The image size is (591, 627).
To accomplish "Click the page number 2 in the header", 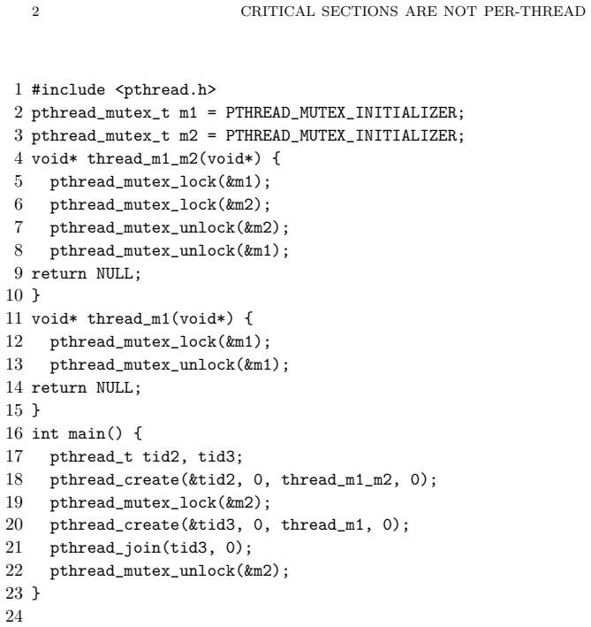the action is coord(35,11).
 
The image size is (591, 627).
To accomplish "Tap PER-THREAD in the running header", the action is coord(534,11).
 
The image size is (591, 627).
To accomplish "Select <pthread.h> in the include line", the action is coord(165,90).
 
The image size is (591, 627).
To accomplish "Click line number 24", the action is coord(14,616).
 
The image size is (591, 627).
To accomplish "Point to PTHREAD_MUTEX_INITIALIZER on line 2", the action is coord(341,113).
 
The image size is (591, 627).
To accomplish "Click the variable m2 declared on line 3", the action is coord(188,136).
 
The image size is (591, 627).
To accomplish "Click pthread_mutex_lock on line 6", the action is coord(133,205).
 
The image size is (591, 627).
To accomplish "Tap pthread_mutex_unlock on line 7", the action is coord(142,228).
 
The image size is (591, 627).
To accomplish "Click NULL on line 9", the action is coord(114,274).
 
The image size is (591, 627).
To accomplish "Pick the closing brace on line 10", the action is coord(36,296).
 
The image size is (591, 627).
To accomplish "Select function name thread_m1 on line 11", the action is coord(129,319).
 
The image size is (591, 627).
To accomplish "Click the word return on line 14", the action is coord(59,388).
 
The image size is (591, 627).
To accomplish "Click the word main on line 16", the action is coord(87,433).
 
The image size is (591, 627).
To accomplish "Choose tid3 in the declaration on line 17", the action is coord(216,456).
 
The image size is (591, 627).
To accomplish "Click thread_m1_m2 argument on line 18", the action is coord(337,480).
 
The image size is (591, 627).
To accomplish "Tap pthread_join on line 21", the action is coord(105,548).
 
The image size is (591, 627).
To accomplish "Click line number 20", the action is coord(14,524).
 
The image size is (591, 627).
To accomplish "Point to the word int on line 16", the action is coord(45,433).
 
